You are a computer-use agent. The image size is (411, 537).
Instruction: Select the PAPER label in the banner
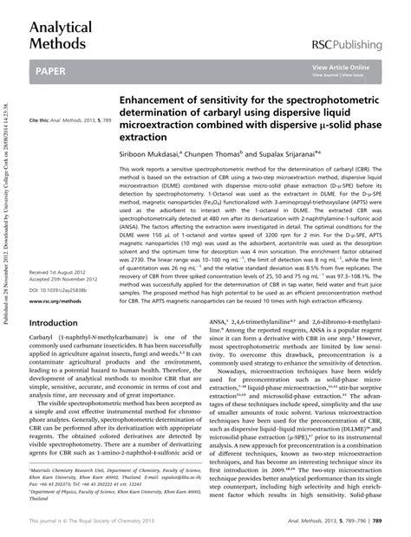54,74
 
